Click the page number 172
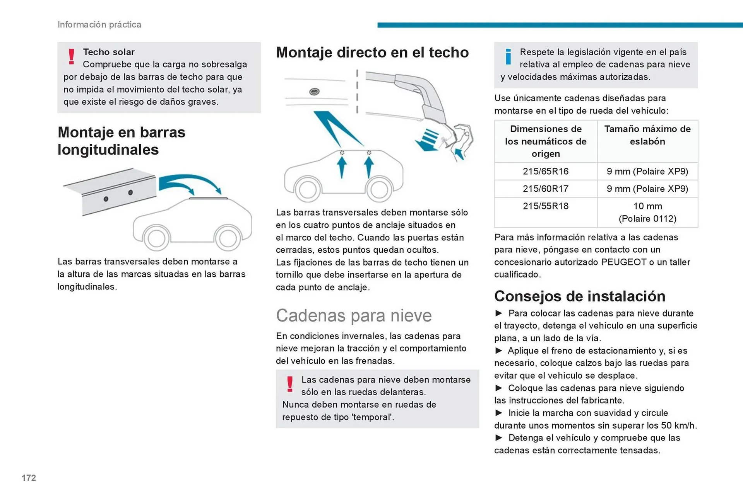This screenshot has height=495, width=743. tap(29, 478)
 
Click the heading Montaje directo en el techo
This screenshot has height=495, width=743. tap(372, 52)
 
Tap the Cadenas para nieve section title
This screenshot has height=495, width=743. tap(353, 315)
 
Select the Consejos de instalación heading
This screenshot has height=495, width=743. tap(579, 296)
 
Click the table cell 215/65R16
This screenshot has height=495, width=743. tap(545, 171)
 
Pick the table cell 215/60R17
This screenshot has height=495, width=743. tap(545, 189)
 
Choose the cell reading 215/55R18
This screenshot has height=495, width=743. tap(545, 206)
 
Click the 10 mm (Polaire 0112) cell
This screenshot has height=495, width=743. tap(647, 212)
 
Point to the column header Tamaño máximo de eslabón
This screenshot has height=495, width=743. tap(647, 135)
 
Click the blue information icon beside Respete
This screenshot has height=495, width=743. tap(508, 57)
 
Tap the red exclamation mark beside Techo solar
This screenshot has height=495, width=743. tap(71, 56)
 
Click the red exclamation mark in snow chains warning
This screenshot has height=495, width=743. tap(290, 384)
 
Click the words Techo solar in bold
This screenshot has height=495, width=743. tap(109, 52)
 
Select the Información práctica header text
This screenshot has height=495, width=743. tap(99, 24)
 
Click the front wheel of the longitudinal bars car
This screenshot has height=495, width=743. tap(156, 238)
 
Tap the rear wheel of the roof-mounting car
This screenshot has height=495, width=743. tap(379, 189)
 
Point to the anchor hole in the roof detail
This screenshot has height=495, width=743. tap(314, 92)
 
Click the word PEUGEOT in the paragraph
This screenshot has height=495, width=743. tap(623, 262)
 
